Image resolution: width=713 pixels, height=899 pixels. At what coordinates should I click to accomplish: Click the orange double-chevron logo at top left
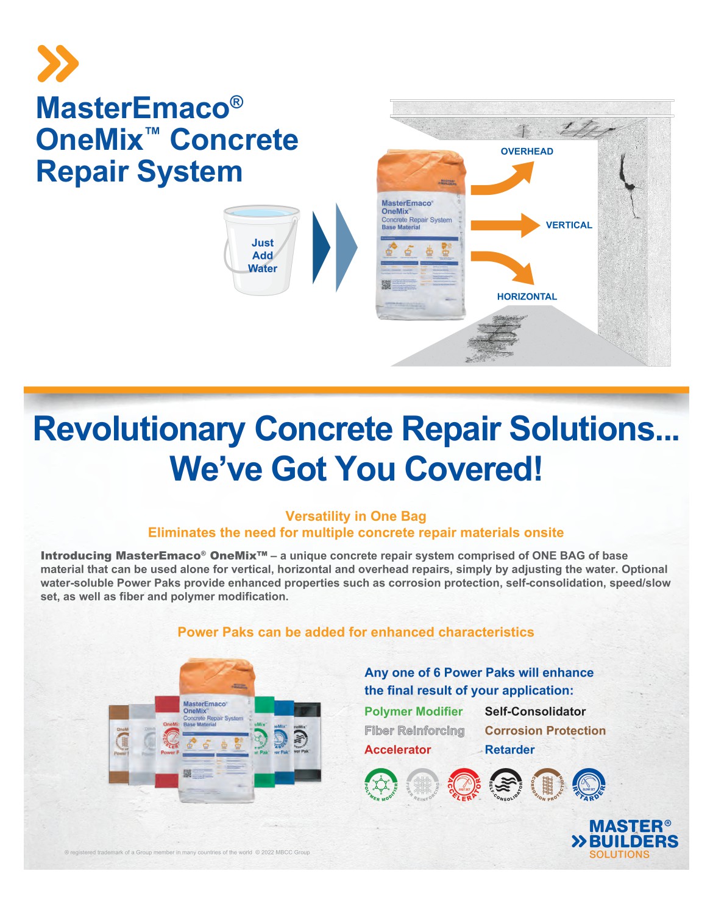(x=58, y=63)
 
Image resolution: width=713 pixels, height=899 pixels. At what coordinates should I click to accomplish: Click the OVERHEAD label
(x=527, y=152)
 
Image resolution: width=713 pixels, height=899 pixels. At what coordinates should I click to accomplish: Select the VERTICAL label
(x=569, y=225)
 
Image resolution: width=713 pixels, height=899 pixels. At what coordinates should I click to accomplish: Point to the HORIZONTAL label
(x=527, y=297)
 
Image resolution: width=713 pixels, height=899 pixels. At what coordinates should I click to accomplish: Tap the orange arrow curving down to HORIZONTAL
(x=503, y=266)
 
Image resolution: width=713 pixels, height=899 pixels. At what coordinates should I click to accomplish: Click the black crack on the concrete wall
(x=628, y=183)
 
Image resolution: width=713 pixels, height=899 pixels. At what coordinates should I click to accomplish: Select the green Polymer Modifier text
(x=413, y=711)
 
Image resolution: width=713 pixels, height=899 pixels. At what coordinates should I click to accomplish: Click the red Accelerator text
(x=397, y=750)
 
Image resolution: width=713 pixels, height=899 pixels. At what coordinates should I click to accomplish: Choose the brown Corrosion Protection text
(x=545, y=731)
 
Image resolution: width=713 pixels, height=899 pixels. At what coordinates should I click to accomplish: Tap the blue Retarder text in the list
(x=509, y=750)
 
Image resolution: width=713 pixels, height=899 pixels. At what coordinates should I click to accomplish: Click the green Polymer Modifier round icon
(x=381, y=784)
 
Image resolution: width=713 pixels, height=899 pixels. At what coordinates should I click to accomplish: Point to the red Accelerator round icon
(x=464, y=784)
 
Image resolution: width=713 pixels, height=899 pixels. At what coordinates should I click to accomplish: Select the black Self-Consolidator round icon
(x=506, y=784)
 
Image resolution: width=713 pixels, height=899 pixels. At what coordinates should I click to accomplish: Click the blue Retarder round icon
(x=589, y=784)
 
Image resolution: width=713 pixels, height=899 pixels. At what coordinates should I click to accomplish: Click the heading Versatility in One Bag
(x=356, y=516)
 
